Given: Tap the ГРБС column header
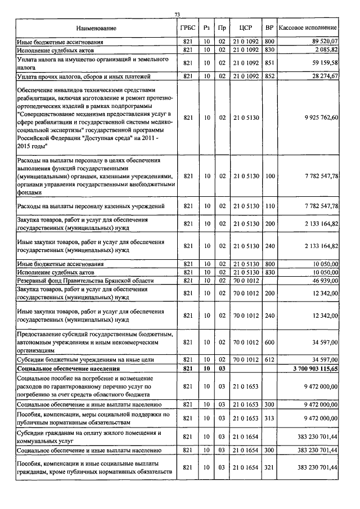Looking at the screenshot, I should coord(188,28).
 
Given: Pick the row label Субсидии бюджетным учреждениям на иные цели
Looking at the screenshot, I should coord(78,359).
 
